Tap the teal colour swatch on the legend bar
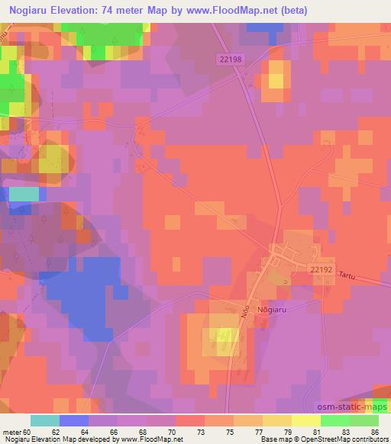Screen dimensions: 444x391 point(45,420)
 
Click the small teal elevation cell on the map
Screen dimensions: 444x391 point(24,194)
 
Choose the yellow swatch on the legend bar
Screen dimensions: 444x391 point(305,420)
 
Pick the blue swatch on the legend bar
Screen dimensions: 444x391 point(74,420)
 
